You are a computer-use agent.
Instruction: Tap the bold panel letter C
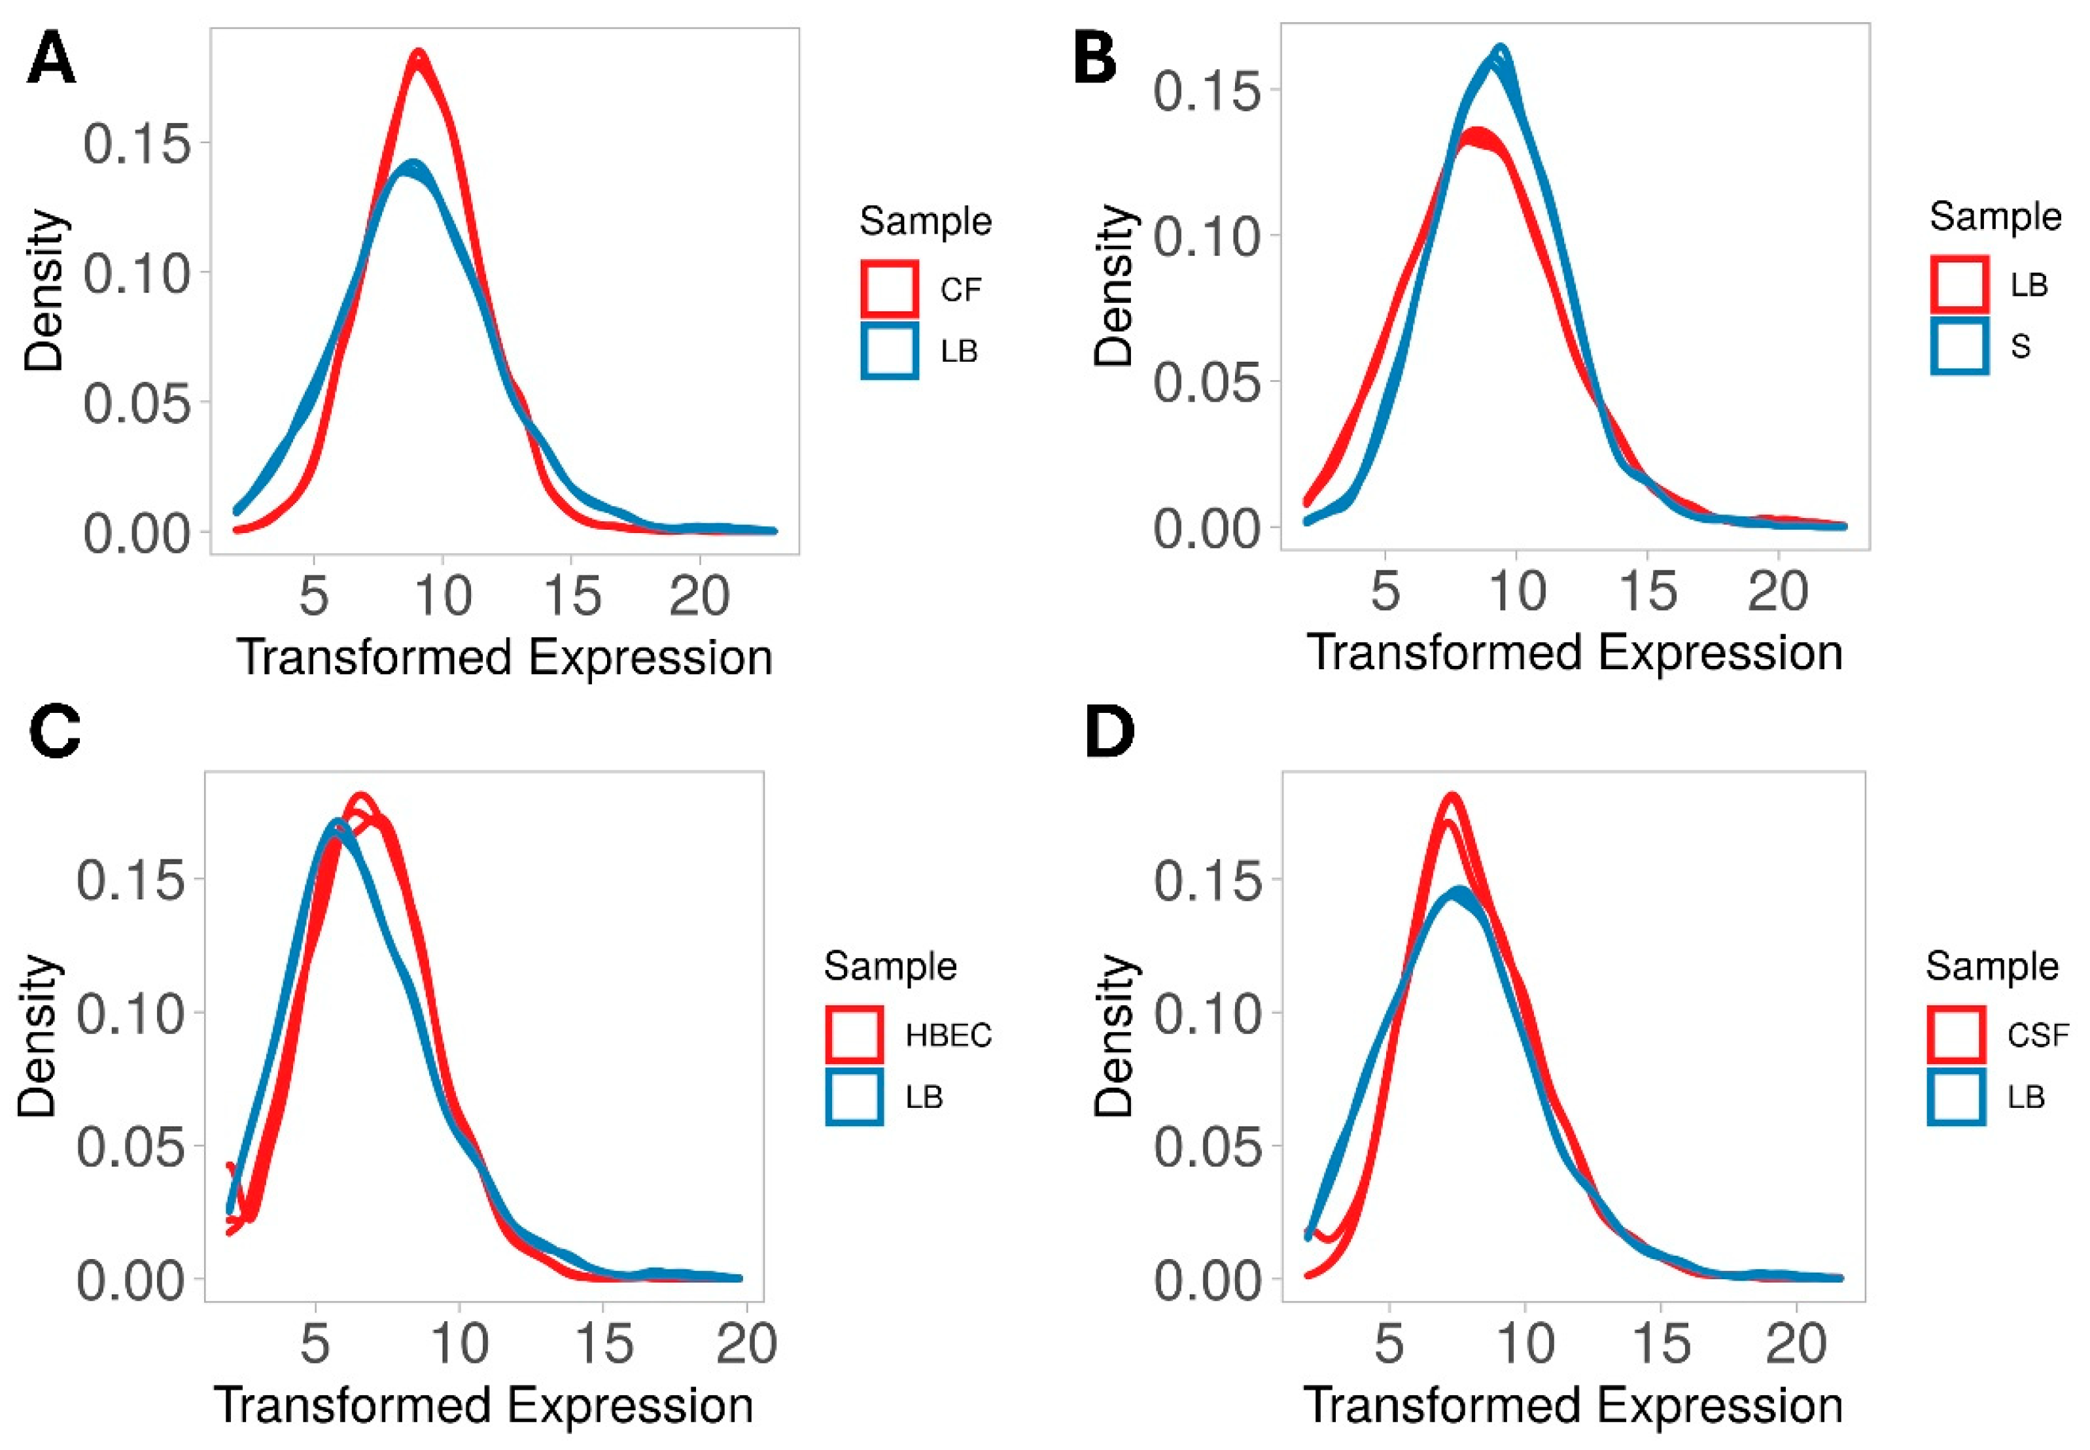coord(54,733)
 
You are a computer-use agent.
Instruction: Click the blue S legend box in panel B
coord(1959,345)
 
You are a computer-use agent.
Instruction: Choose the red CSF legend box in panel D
coord(1955,1034)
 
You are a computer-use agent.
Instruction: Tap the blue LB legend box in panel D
coord(1955,1097)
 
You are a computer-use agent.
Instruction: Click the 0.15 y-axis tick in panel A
coord(137,143)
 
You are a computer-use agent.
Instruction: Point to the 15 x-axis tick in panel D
coord(1662,1343)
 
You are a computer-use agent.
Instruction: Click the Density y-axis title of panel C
coord(38,1036)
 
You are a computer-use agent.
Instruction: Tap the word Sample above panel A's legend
coord(925,221)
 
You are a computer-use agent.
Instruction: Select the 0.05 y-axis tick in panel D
coord(1208,1147)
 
